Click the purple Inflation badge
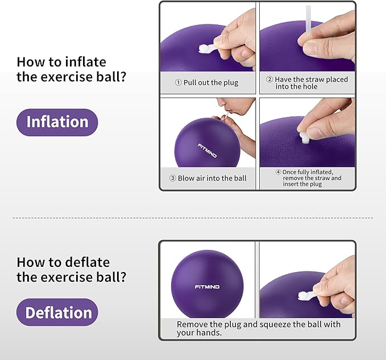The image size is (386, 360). (x=57, y=122)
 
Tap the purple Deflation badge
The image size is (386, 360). (x=57, y=312)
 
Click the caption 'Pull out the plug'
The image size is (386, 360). (x=206, y=82)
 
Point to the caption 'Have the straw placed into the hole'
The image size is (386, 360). (x=307, y=83)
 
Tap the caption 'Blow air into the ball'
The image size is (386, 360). (x=208, y=178)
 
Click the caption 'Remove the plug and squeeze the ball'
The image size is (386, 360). (x=258, y=329)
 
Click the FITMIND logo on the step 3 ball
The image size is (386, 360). (x=207, y=151)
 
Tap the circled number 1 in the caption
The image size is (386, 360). (x=178, y=83)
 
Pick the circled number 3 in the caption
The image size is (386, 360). (x=173, y=178)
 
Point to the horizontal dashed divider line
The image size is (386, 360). (x=193, y=217)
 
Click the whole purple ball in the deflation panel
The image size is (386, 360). (x=207, y=284)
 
